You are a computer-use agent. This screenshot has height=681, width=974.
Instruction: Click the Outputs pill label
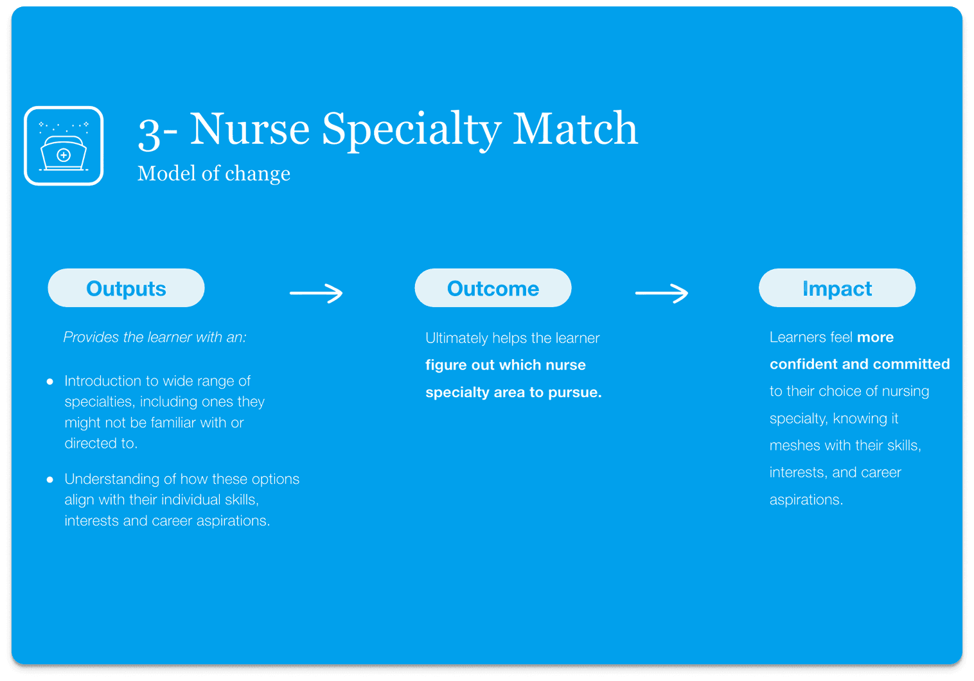click(126, 288)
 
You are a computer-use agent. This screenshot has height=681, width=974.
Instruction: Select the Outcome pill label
click(493, 288)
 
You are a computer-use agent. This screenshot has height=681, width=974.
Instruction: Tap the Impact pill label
click(837, 288)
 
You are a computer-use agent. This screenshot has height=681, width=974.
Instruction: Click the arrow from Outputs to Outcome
click(316, 293)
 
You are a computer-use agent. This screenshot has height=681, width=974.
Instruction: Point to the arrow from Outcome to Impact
click(661, 293)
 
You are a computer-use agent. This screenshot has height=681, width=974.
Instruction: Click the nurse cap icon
click(64, 146)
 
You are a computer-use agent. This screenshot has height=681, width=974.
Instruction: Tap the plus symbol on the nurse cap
click(64, 155)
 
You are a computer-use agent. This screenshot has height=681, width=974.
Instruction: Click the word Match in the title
click(575, 128)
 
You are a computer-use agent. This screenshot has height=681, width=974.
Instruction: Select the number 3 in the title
click(149, 134)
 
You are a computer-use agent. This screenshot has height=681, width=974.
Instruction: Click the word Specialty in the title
click(411, 130)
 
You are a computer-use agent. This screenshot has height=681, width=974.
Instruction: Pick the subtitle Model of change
click(214, 173)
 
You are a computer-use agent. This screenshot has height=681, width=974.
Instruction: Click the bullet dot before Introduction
click(50, 382)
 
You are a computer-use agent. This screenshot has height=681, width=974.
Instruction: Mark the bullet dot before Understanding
click(50, 480)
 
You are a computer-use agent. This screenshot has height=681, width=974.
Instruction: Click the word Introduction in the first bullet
click(103, 381)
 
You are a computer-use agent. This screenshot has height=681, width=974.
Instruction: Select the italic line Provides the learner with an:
click(155, 337)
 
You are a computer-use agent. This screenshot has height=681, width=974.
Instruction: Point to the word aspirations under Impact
click(806, 500)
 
